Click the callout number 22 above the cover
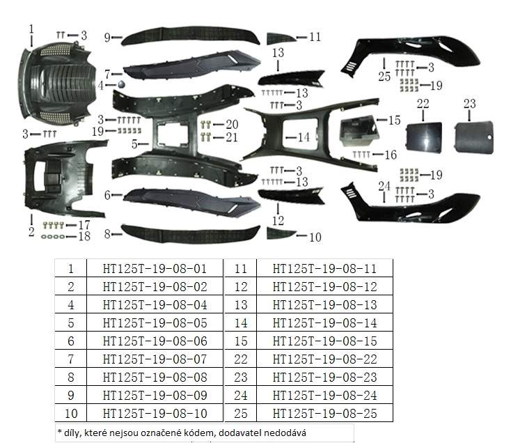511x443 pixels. [423, 104]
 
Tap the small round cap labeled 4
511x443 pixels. [121, 84]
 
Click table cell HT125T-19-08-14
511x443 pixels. [324, 323]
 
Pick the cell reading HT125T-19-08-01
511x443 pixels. [155, 269]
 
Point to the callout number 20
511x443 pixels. [232, 124]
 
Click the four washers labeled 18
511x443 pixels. [53, 237]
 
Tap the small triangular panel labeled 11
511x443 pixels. [281, 38]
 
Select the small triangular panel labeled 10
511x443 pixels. [281, 233]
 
